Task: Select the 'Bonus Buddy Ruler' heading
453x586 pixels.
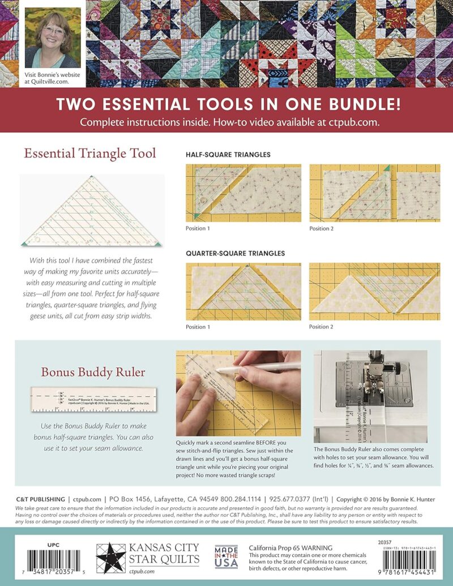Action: [85, 372]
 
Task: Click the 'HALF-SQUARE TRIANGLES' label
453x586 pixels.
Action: [228, 154]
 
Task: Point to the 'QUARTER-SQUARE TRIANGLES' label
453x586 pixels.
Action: [235, 253]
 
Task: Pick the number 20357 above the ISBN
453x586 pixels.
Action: [385, 542]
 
